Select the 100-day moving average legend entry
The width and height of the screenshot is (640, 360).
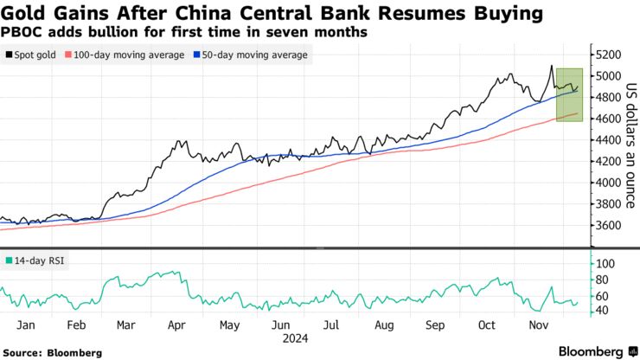[x=129, y=55]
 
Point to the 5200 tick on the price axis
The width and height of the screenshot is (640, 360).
[x=608, y=54]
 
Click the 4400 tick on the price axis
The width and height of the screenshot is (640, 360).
[x=608, y=139]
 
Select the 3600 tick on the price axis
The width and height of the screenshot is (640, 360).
[x=608, y=225]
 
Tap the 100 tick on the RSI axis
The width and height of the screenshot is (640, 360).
[x=605, y=263]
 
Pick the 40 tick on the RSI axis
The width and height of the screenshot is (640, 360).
[x=601, y=310]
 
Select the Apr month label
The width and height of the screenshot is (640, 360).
[x=177, y=325]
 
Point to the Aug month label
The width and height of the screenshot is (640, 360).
[x=384, y=325]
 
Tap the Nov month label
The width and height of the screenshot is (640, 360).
[x=539, y=325]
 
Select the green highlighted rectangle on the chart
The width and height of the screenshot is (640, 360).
[x=568, y=94]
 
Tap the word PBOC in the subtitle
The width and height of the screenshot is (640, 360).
[x=21, y=32]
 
